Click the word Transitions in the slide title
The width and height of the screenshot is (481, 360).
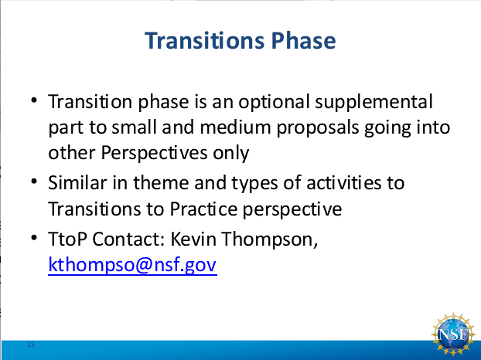204,41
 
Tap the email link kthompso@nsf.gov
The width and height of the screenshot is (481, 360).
132,265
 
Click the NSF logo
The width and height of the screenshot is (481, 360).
453,334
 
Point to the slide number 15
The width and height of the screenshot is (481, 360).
31,345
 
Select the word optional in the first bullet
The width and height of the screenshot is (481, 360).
274,102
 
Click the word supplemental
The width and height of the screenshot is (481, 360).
374,102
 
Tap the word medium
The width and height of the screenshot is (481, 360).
235,127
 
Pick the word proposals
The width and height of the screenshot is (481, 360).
318,128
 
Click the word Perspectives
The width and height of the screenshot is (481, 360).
154,153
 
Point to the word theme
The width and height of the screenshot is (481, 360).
161,183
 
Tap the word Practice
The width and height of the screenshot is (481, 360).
203,209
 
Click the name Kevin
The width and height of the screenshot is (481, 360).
193,239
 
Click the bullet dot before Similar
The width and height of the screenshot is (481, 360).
34,182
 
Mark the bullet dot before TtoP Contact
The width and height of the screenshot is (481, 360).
34,237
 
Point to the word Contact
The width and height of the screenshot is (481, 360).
129,239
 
